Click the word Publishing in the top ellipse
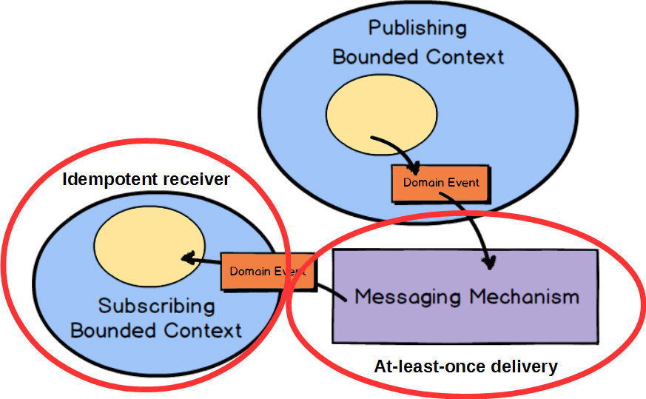coord(418,28)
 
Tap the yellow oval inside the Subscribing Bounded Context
coord(150,251)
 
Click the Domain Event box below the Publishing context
coord(440,182)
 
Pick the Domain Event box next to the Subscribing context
coord(268,272)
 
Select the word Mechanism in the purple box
coord(523,297)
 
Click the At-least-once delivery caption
coord(465,366)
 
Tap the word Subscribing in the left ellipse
coord(157,306)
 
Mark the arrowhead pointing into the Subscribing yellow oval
coord(188,259)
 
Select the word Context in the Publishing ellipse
coord(460,56)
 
